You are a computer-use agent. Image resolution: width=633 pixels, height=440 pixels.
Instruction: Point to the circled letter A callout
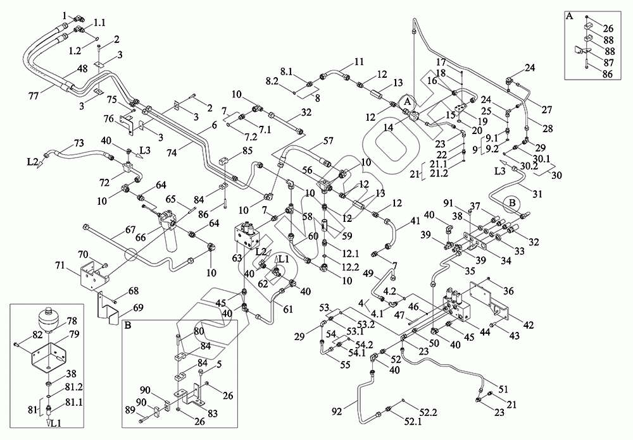408,100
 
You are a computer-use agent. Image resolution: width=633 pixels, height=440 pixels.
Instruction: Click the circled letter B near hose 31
512,203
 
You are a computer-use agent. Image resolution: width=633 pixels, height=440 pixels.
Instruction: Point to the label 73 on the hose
79,142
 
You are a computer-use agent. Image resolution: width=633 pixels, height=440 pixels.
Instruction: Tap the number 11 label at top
359,62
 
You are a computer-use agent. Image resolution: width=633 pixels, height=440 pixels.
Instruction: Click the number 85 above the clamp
247,150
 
